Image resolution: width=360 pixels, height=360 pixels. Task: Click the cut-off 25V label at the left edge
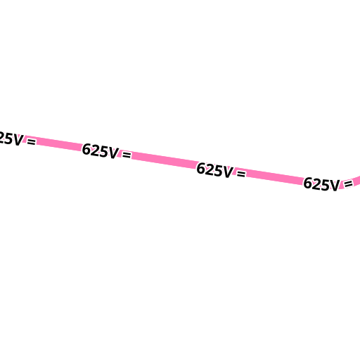tap(11, 139)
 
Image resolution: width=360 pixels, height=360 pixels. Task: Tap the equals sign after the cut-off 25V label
tap(32, 141)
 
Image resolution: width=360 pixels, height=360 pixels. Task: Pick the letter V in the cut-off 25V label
tap(18, 140)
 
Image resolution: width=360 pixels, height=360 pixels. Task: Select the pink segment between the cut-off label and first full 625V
tap(59, 143)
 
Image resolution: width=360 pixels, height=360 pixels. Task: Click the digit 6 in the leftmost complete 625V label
tap(86, 149)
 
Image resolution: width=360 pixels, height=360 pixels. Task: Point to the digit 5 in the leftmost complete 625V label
tap(103, 152)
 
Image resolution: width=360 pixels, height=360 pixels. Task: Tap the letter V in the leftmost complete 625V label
tap(113, 153)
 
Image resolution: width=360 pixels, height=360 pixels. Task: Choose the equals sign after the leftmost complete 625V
tap(127, 155)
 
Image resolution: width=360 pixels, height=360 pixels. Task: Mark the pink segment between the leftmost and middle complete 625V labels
tap(164, 160)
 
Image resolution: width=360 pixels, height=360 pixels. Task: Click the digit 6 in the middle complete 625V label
tap(201, 168)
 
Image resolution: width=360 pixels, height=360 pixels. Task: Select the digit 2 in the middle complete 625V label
tap(210, 169)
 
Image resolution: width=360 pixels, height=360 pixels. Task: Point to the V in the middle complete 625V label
tap(228, 172)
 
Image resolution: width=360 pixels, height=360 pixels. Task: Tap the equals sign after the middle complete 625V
tap(241, 174)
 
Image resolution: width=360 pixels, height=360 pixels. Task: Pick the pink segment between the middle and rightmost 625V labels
tap(275, 177)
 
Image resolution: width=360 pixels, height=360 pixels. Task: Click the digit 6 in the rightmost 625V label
tap(308, 183)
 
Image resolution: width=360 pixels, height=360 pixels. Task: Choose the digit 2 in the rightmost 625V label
tap(316, 184)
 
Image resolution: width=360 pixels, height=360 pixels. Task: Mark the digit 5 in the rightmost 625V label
tap(325, 185)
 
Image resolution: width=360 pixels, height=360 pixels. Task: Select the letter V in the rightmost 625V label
tap(334, 186)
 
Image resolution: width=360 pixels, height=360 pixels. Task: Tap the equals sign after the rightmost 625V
tap(348, 184)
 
